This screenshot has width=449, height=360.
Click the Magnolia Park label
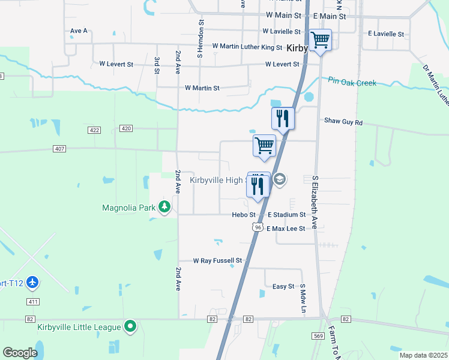coord(129,208)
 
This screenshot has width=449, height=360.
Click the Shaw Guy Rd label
coord(343,122)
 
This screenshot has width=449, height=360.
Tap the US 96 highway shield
coord(258,227)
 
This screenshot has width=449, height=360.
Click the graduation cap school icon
coord(279,179)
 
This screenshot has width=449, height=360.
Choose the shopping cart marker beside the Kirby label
coord(320,40)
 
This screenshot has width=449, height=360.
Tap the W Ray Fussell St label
coord(217,261)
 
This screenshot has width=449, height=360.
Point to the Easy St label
coord(283,287)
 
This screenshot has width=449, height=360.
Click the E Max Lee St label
coord(291,229)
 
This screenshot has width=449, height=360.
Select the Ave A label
coord(79,31)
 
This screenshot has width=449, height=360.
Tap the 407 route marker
coord(59,148)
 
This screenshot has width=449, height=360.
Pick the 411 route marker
coord(33,301)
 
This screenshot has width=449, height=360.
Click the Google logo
coord(20,352)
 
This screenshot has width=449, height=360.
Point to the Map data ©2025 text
coord(423,355)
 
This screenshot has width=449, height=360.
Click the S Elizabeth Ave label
coord(314,203)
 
